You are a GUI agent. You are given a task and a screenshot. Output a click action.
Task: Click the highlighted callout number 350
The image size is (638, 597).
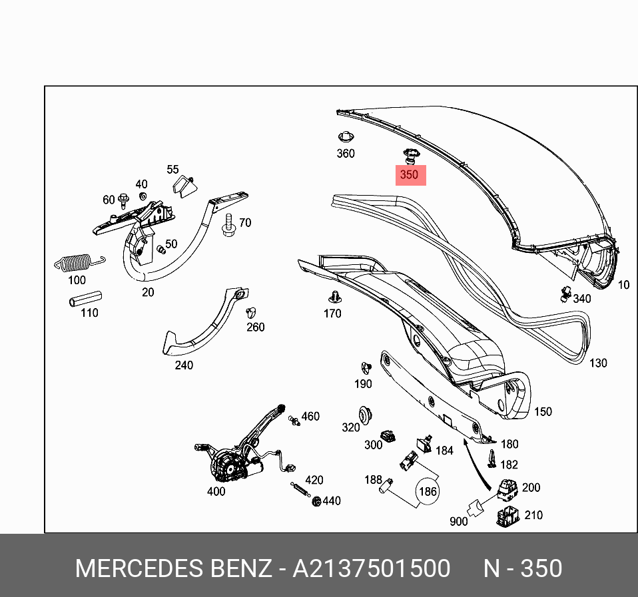(408, 175)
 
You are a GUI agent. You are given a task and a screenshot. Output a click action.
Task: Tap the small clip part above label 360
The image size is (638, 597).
(345, 138)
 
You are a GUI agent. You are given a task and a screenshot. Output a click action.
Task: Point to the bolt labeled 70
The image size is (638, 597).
(228, 225)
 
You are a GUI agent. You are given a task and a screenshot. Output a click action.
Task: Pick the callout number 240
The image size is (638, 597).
(183, 365)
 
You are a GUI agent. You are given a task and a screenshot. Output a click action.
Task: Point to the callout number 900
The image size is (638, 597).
(458, 521)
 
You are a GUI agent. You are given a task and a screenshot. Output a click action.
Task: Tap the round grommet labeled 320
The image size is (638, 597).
(365, 413)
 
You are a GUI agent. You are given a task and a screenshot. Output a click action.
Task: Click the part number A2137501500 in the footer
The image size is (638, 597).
(372, 569)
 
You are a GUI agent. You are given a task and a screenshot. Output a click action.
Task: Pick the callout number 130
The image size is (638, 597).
(598, 363)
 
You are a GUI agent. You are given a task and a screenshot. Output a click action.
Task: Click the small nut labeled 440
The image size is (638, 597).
(316, 500)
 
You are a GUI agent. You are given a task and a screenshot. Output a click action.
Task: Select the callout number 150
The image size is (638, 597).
(543, 411)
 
